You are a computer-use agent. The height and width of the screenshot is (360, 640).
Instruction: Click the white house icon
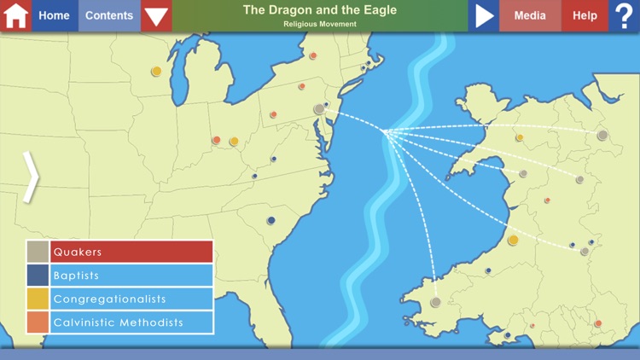[15, 15]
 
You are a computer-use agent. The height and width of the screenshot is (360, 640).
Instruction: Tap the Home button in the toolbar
[55, 15]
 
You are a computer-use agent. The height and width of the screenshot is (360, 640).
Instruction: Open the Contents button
[109, 15]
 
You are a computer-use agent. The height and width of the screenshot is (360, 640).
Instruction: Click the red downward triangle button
[156, 15]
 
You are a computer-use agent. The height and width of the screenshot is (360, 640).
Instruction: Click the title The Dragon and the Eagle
[319, 10]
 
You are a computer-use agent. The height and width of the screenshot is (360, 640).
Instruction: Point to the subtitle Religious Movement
[319, 24]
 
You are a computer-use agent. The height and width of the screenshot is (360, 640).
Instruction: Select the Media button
[530, 15]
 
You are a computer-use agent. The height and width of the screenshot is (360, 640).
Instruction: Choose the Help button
[585, 15]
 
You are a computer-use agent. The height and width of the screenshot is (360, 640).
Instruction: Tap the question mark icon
[624, 15]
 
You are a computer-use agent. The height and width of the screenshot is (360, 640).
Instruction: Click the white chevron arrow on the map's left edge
[31, 177]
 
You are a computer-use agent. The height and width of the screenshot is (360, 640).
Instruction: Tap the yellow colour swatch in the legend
[38, 299]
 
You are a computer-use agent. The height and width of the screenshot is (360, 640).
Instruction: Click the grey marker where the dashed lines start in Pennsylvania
[319, 109]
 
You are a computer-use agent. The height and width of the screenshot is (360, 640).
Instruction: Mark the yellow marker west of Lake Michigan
[156, 72]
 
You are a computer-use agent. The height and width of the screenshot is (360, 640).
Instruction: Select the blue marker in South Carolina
[271, 221]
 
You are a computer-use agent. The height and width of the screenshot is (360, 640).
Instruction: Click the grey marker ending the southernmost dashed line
[435, 302]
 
